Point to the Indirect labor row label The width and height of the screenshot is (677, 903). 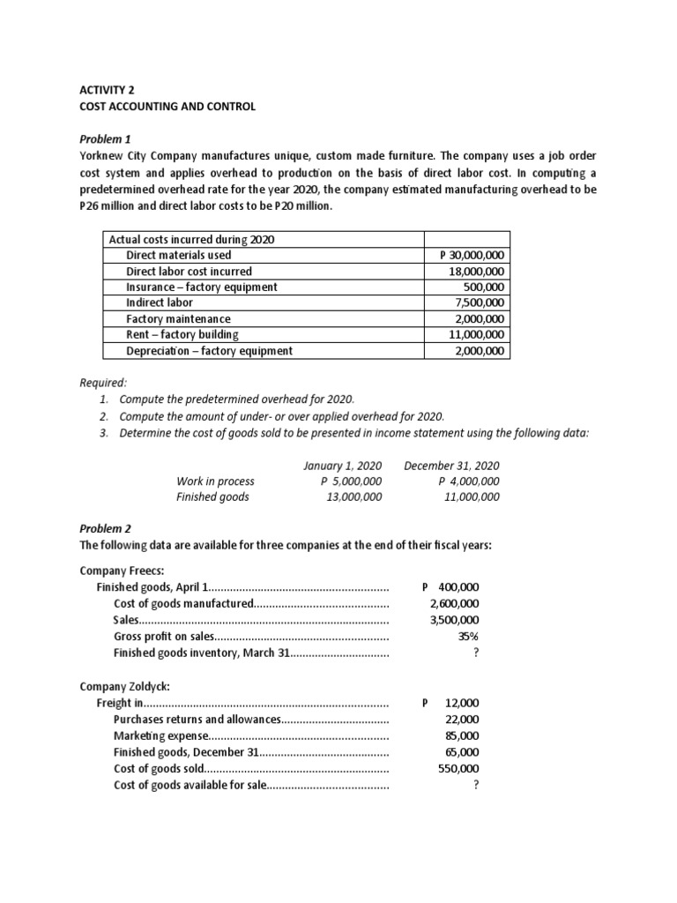click(160, 302)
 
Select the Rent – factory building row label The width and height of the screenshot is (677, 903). click(182, 334)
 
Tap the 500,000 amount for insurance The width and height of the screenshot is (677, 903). click(484, 287)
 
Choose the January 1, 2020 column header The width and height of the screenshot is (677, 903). click(342, 465)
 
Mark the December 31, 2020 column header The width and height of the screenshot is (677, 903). click(451, 465)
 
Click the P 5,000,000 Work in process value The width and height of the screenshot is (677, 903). click(351, 481)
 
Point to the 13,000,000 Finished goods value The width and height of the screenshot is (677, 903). click(353, 496)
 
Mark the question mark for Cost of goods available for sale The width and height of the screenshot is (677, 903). click(476, 785)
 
